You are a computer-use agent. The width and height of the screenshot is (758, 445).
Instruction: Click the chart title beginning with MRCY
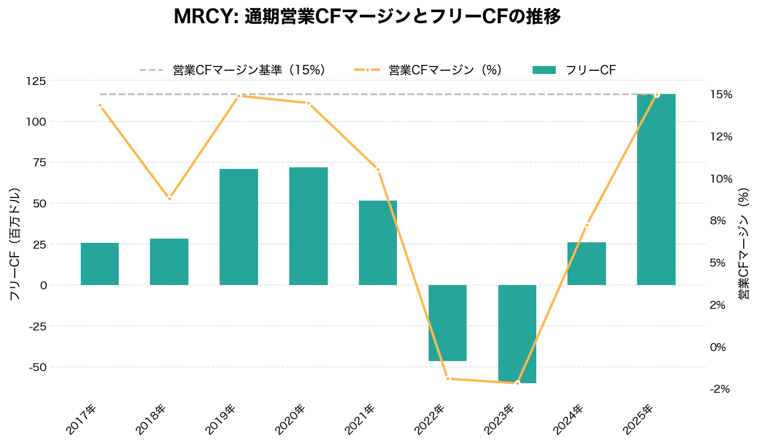click(367, 17)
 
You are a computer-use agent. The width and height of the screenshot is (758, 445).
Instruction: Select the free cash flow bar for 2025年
click(656, 190)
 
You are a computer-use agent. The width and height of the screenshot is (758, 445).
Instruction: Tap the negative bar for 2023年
click(517, 334)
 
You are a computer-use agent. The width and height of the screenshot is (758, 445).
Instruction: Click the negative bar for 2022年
click(448, 323)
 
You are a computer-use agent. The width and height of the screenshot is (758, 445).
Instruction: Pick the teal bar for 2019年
click(239, 227)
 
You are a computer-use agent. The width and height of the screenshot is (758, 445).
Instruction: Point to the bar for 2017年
click(100, 264)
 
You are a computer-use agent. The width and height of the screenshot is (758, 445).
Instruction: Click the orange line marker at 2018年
click(169, 198)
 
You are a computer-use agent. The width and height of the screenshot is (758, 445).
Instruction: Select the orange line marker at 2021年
click(378, 170)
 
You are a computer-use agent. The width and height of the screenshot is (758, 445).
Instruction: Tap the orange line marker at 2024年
click(586, 225)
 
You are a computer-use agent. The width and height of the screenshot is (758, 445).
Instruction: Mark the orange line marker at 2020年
click(308, 103)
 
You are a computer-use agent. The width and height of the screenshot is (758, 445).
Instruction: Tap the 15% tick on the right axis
click(721, 94)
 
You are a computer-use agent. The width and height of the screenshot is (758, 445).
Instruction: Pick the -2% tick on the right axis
click(720, 389)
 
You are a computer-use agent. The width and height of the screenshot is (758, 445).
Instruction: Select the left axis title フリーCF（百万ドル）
click(15, 244)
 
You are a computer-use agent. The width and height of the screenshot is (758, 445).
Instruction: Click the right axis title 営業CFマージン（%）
click(744, 244)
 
